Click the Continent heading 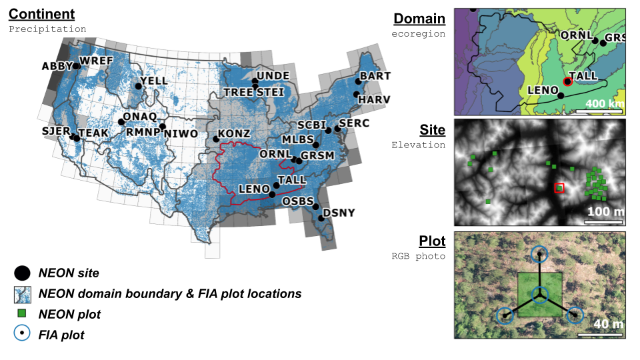click(41, 15)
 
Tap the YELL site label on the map click(154, 79)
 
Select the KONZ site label click(234, 133)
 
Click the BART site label click(375, 76)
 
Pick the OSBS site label click(298, 201)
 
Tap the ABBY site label click(56, 67)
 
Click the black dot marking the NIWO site click(162, 126)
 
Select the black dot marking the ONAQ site click(121, 121)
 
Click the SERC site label click(353, 123)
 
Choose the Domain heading click(419, 19)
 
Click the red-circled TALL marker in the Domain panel click(567, 82)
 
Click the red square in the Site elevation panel click(559, 188)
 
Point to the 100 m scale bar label click(605, 212)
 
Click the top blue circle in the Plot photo click(540, 254)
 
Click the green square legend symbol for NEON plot click(22, 313)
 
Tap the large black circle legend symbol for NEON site click(22, 273)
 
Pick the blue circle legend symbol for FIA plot click(22, 334)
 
